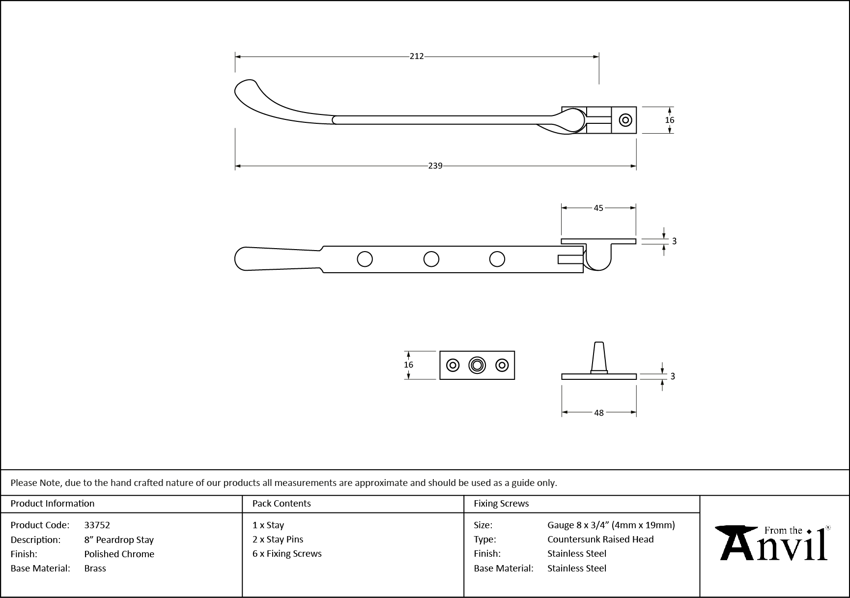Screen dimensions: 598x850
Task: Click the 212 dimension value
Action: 417,57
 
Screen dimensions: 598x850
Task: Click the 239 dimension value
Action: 435,166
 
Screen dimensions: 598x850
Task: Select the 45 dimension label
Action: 598,208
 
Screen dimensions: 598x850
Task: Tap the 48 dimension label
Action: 598,413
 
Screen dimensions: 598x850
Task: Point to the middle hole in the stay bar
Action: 431,259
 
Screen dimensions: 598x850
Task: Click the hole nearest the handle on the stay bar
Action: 365,259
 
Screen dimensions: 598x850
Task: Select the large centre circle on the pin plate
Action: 477,365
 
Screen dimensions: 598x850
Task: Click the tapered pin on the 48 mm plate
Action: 598,356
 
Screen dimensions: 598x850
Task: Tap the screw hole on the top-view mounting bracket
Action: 625,120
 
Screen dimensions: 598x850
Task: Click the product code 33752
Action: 97,525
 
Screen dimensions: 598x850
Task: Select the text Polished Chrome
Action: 119,554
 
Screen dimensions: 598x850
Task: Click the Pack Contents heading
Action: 282,503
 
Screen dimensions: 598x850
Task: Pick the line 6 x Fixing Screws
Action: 287,553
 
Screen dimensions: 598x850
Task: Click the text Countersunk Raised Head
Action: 600,539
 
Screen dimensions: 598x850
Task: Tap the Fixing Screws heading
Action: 501,503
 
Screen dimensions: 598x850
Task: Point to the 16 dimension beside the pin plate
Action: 408,365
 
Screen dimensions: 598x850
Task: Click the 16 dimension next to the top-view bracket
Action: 669,120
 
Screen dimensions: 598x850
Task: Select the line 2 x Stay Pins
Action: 278,539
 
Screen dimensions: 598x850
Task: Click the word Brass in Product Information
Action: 95,568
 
